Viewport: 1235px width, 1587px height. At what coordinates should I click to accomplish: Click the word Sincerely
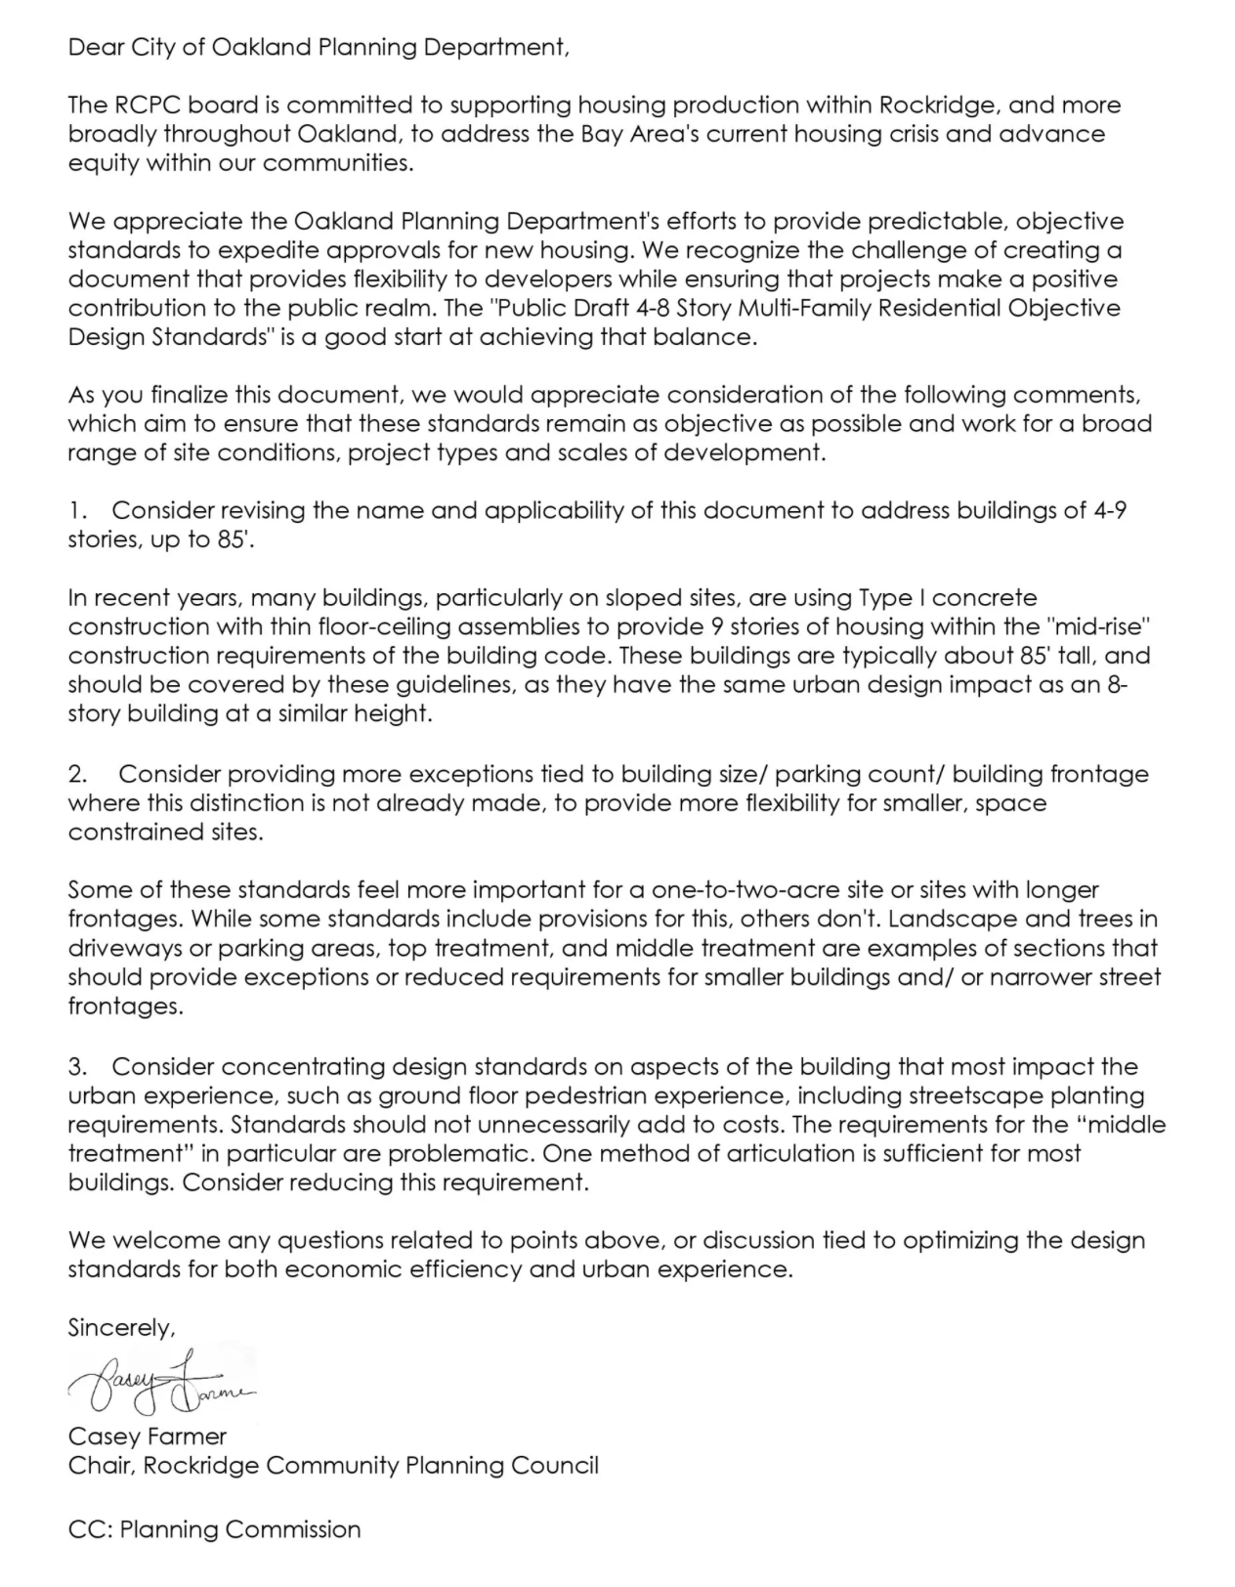(121, 1328)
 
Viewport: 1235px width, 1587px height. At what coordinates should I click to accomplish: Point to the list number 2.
(77, 774)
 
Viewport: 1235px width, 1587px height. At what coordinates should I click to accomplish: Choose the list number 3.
(77, 1066)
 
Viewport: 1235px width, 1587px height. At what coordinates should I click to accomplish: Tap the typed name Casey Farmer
(147, 1437)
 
